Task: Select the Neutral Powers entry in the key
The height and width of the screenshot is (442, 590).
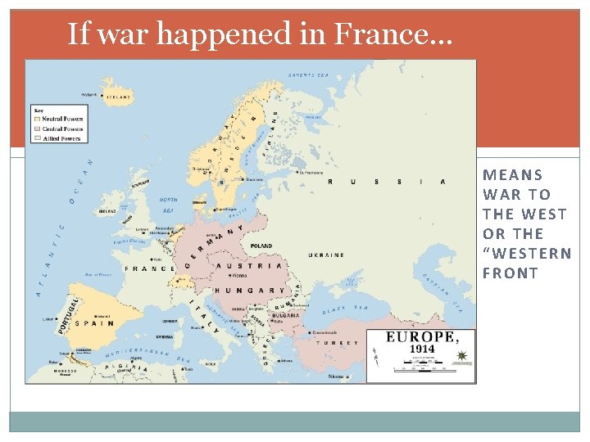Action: tap(63, 120)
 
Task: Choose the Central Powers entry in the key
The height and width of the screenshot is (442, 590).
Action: tap(63, 129)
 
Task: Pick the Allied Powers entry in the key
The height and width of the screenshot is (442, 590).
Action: tap(61, 138)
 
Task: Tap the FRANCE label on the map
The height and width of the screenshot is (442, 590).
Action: tap(149, 268)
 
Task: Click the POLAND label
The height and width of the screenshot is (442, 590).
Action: tap(262, 246)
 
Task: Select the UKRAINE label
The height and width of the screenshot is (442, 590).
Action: tap(326, 255)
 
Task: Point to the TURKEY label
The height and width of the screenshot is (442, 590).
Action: tap(341, 343)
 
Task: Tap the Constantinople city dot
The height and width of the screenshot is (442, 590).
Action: tap(306, 333)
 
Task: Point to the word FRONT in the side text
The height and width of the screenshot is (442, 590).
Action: tap(510, 273)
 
